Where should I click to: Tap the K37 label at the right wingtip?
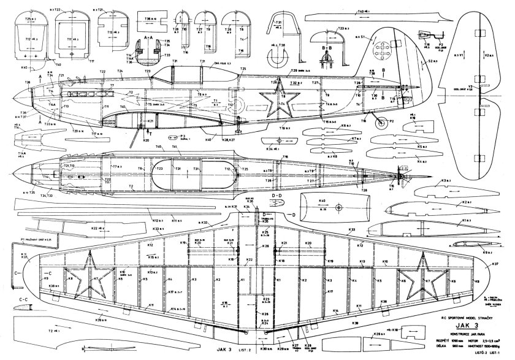494,264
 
